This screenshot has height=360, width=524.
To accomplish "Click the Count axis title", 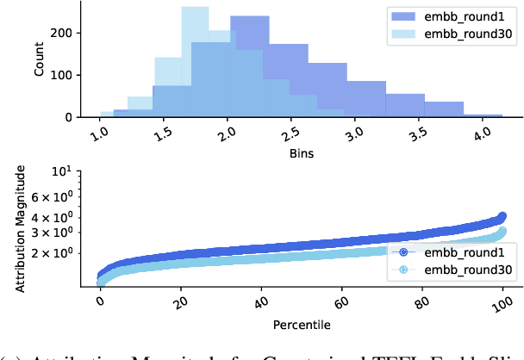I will [39, 59].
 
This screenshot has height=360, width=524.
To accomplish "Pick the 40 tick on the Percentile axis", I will [260, 305].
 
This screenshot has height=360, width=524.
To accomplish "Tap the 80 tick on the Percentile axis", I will [422, 305].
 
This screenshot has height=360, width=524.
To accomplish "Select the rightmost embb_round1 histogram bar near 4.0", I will [483, 115].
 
